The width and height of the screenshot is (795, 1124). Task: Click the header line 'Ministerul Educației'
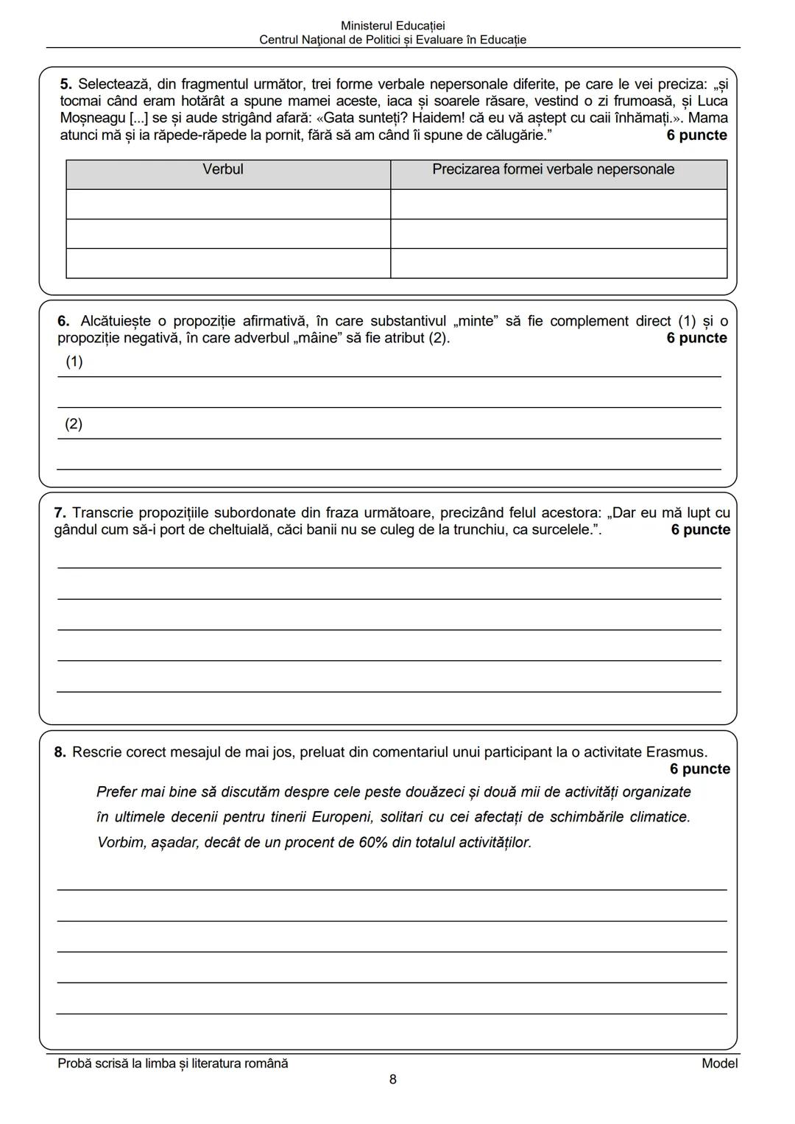(x=392, y=26)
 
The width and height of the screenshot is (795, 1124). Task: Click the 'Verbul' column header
(x=223, y=170)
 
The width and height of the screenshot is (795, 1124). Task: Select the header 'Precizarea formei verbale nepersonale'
(x=553, y=170)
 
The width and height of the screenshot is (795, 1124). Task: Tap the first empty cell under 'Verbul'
(x=228, y=204)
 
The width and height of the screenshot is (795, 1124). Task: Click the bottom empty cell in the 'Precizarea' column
(x=558, y=263)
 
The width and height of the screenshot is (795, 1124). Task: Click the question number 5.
(x=65, y=85)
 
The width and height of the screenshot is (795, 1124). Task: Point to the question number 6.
(x=63, y=322)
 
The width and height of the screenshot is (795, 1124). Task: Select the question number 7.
(x=60, y=513)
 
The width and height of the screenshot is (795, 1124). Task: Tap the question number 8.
(x=60, y=752)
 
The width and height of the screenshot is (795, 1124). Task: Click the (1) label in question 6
(x=74, y=361)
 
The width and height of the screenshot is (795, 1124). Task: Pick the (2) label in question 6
(x=74, y=424)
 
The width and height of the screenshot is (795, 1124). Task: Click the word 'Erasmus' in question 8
(x=675, y=752)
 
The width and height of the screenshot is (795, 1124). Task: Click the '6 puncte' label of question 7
(x=700, y=530)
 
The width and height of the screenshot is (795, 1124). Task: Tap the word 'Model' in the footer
(x=719, y=1063)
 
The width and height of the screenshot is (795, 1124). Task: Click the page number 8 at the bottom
(x=392, y=1080)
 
